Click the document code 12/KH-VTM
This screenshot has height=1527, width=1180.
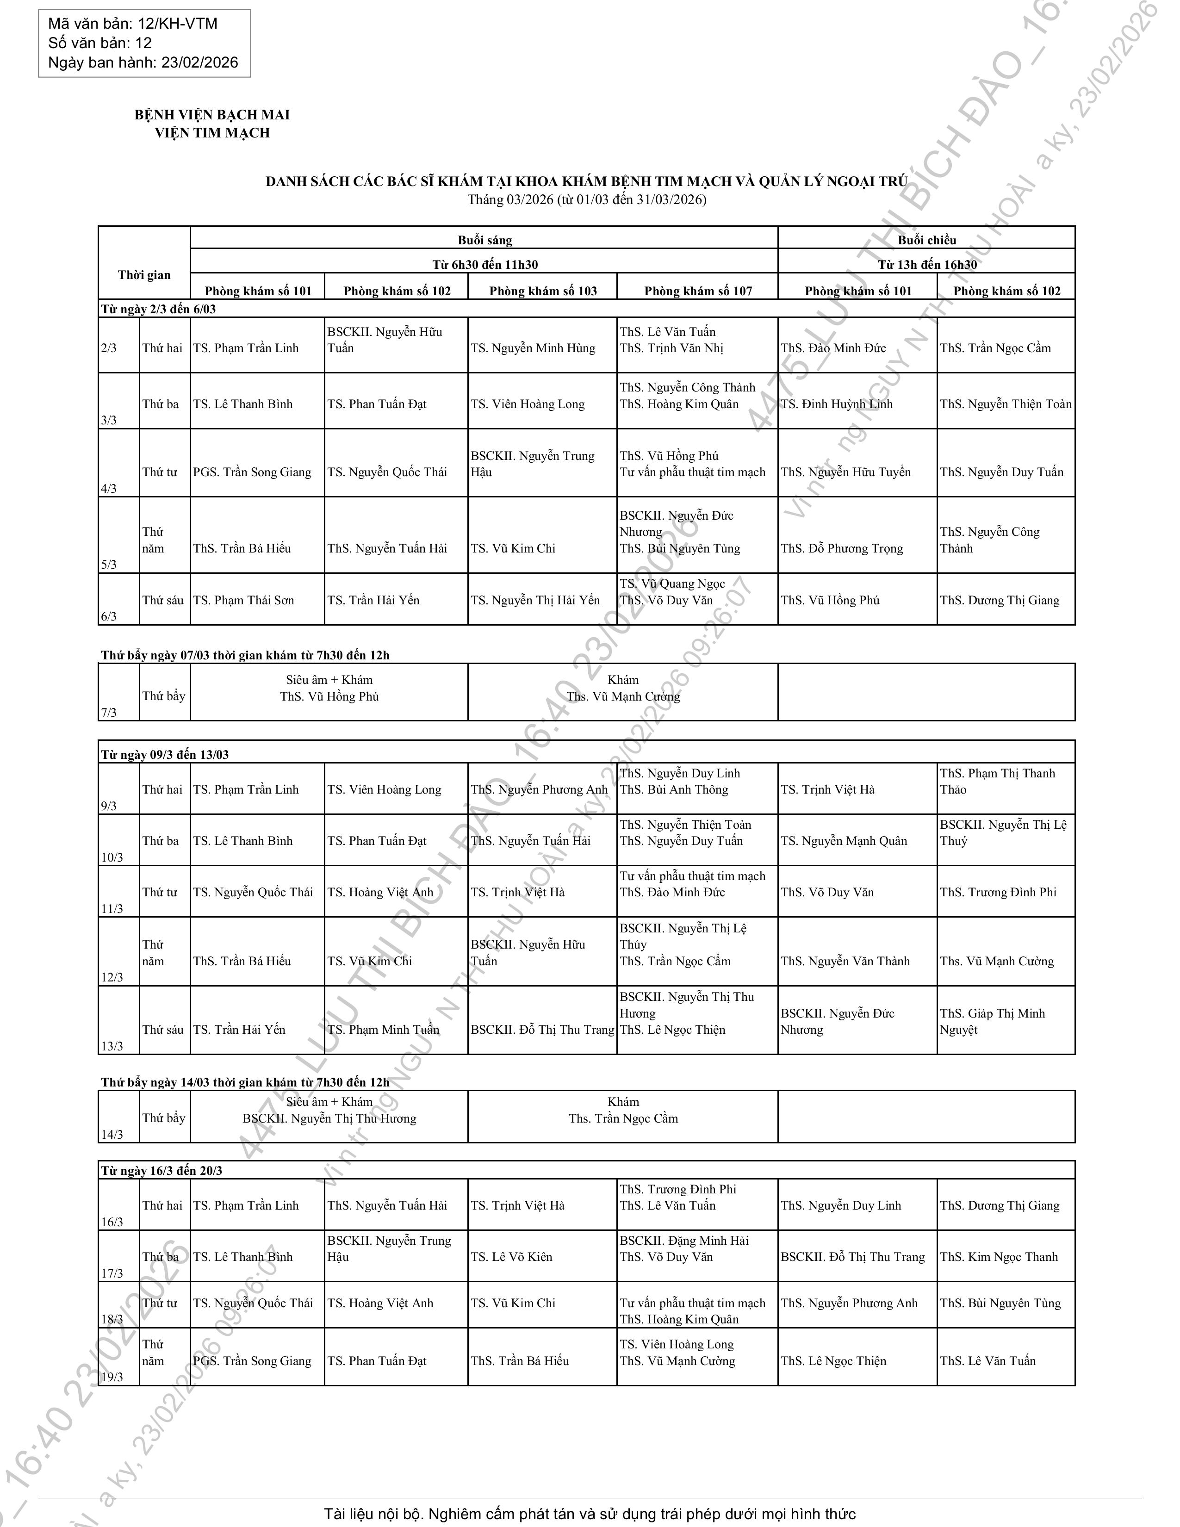coord(178,24)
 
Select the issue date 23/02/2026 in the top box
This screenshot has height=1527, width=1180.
coord(200,63)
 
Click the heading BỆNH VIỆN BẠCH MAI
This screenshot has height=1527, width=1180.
coord(212,115)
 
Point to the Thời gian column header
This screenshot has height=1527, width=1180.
coord(144,275)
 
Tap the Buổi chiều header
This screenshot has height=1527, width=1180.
coord(926,240)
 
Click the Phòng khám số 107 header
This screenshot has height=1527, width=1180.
coord(698,291)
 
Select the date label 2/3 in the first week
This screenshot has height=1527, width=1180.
coord(109,348)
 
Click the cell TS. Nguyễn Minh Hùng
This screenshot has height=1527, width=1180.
coord(533,348)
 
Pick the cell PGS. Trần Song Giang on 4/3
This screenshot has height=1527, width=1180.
coord(252,472)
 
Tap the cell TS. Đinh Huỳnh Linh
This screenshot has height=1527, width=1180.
coord(837,404)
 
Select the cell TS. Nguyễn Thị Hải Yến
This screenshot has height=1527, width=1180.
coord(535,600)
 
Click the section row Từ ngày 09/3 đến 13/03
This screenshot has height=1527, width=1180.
coord(165,754)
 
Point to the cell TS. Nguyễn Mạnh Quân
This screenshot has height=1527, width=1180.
coord(844,840)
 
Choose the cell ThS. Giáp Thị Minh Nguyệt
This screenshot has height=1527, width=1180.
coord(992,1022)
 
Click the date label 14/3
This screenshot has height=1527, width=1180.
coord(112,1134)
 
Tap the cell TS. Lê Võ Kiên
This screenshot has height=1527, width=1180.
coord(511,1256)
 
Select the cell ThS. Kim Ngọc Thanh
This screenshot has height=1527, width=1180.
coord(999,1256)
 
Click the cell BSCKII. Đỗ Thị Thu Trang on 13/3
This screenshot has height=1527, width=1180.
coord(542,1029)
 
